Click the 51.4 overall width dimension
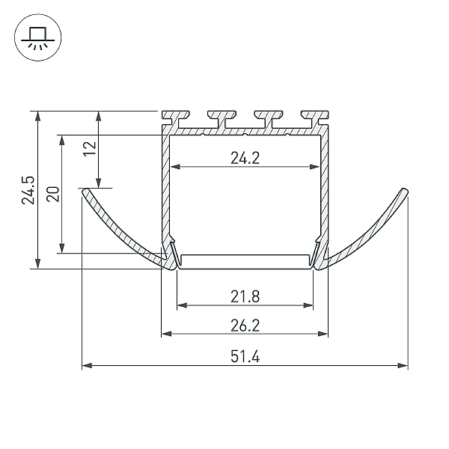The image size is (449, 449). point(245,357)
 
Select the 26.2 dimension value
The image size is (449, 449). point(245,326)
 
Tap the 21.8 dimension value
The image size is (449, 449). point(245,296)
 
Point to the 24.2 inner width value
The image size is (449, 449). point(245,158)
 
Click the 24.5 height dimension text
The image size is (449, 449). point(28,190)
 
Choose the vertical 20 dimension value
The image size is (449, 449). point(53,194)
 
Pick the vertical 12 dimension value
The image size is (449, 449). point(91,149)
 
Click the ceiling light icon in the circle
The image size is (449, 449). point(38,37)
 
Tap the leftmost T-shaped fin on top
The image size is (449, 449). point(175,118)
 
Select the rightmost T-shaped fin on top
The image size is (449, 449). point(315,118)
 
